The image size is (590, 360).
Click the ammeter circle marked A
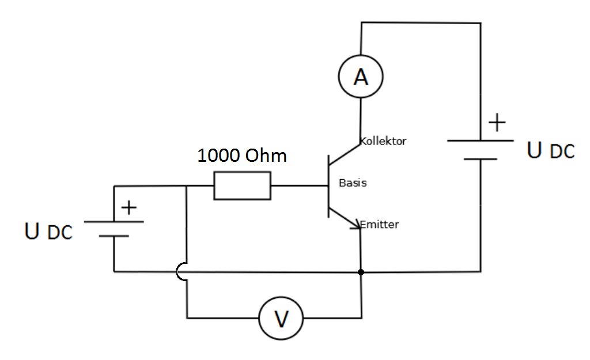[361, 76]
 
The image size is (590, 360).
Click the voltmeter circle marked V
[281, 317]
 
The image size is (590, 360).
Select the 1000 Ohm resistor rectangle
[242, 185]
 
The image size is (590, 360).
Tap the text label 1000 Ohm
[242, 156]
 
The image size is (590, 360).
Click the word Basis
[353, 183]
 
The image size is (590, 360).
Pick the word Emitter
[380, 225]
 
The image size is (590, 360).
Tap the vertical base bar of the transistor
[328, 185]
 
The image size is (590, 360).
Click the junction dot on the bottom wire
[361, 271]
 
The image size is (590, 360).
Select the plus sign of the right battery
[497, 123]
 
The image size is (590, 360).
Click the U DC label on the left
[49, 232]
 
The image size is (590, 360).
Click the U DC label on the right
[551, 150]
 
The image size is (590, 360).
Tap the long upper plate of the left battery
[114, 221]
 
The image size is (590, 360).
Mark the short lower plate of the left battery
[114, 236]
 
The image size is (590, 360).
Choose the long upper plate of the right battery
[480, 140]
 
